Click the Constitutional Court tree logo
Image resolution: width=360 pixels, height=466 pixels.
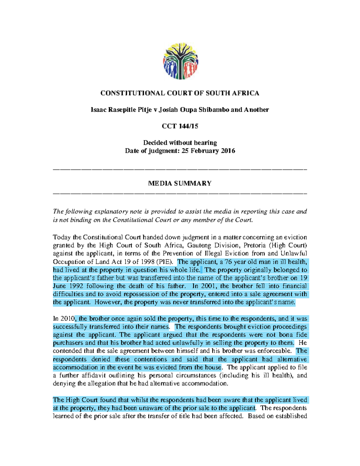(x=180, y=61)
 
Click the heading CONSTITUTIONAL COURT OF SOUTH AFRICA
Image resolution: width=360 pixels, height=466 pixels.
(x=180, y=93)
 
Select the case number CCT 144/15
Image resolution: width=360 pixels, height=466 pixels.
(x=180, y=126)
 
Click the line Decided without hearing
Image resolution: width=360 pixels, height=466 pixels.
(x=180, y=143)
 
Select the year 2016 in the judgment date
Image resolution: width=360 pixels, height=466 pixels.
(x=228, y=151)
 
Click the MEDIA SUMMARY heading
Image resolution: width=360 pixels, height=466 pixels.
(x=180, y=183)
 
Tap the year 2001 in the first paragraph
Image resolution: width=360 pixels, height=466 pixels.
(x=208, y=286)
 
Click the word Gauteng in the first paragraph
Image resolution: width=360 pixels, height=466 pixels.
(x=198, y=245)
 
